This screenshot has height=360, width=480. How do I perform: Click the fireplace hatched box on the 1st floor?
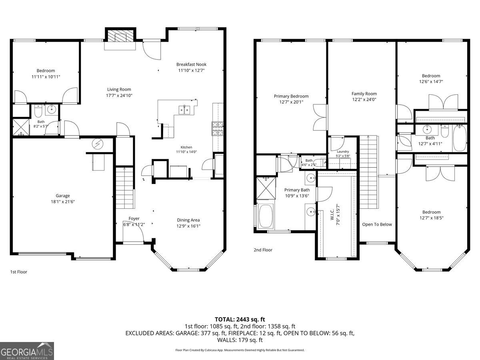pyautogui.click(x=121, y=36)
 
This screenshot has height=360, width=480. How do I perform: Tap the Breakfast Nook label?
pyautogui.click(x=191, y=64)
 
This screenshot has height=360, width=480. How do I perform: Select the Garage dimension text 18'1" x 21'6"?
pyautogui.click(x=63, y=202)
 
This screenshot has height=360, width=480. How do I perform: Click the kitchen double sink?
pyautogui.click(x=184, y=110)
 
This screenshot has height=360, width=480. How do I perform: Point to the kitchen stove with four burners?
pyautogui.click(x=218, y=129)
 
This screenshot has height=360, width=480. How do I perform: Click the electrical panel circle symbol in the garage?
pyautogui.click(x=98, y=144)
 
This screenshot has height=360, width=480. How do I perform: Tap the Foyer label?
pyautogui.click(x=134, y=218)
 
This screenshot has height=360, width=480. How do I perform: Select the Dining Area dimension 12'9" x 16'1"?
pyautogui.click(x=188, y=226)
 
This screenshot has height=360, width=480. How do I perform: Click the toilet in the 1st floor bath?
pyautogui.click(x=38, y=111)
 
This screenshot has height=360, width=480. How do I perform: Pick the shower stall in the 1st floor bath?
pyautogui.click(x=21, y=127)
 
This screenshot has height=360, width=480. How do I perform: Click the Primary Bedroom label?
pyautogui.click(x=291, y=96)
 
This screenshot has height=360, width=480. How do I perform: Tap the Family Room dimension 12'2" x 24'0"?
pyautogui.click(x=364, y=100)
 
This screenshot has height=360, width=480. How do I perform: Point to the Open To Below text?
pyautogui.click(x=377, y=224)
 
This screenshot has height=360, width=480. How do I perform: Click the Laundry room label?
pyautogui.click(x=343, y=152)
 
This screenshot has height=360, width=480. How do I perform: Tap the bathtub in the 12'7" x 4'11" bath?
pyautogui.click(x=460, y=138)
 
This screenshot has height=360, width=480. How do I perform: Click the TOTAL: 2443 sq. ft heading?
pyautogui.click(x=240, y=319)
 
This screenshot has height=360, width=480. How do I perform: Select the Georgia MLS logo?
pyautogui.click(x=27, y=351)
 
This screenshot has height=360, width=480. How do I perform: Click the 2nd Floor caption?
pyautogui.click(x=263, y=250)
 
